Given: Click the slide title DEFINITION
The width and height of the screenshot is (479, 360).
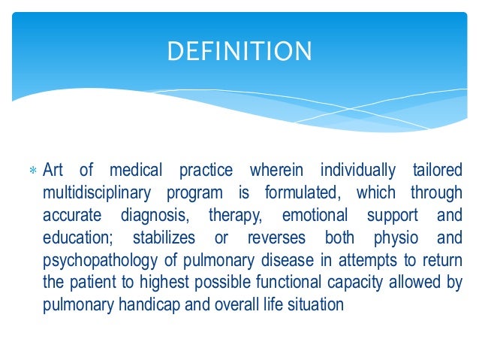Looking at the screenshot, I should pyautogui.click(x=239, y=51).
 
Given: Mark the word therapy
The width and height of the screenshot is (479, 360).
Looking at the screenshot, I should pyautogui.click(x=236, y=214).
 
